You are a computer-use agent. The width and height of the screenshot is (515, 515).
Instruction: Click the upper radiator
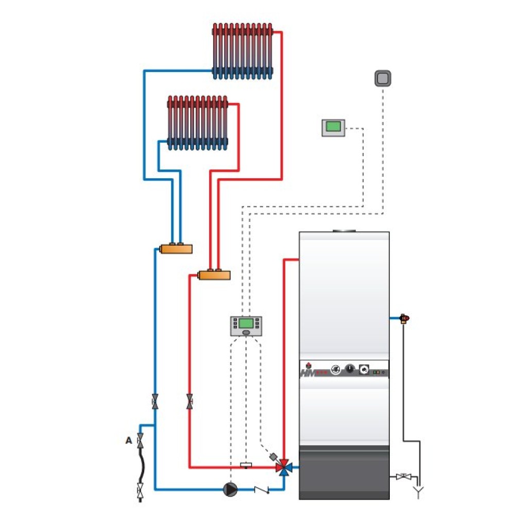[x=242, y=51]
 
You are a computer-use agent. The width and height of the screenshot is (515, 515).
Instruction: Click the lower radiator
[x=197, y=123]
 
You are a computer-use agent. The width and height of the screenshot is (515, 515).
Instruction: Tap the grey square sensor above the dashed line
[x=383, y=78]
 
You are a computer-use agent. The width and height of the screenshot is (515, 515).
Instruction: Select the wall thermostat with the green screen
[x=333, y=127]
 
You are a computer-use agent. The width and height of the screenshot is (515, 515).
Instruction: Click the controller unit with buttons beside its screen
[x=246, y=325]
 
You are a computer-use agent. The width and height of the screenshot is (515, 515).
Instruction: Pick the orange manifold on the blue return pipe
[x=176, y=248]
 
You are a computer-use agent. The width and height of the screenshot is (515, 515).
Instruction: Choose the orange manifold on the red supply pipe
[x=214, y=275]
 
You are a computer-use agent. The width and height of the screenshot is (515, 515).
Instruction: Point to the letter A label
[x=128, y=441]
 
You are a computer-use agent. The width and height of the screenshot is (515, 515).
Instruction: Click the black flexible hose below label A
[x=140, y=466]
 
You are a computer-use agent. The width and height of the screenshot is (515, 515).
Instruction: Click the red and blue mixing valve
[x=283, y=468]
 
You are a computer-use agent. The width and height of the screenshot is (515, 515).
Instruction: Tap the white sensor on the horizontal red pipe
[x=246, y=466]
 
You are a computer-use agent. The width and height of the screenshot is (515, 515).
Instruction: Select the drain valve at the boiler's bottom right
[x=402, y=477]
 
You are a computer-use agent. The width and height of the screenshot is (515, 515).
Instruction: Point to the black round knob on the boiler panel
[x=350, y=369]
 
